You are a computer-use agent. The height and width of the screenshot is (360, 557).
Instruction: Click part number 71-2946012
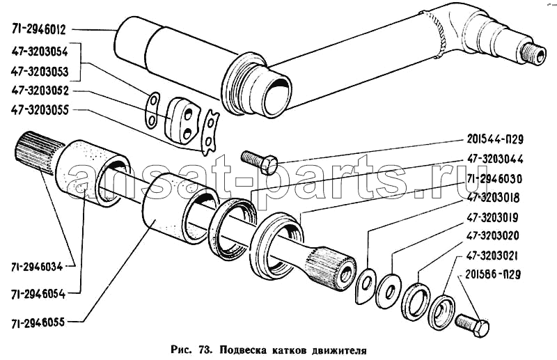click(x=40, y=29)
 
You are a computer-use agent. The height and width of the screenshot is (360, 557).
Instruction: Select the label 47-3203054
click(x=40, y=51)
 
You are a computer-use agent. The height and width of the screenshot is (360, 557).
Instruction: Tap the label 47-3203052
click(x=40, y=91)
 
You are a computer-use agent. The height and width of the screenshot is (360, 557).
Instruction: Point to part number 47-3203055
click(x=40, y=110)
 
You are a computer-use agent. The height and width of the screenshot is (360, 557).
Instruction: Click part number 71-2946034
click(x=40, y=266)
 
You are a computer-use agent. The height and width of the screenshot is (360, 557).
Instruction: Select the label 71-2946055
click(x=40, y=322)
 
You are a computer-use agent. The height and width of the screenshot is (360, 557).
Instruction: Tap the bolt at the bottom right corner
click(x=473, y=324)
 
